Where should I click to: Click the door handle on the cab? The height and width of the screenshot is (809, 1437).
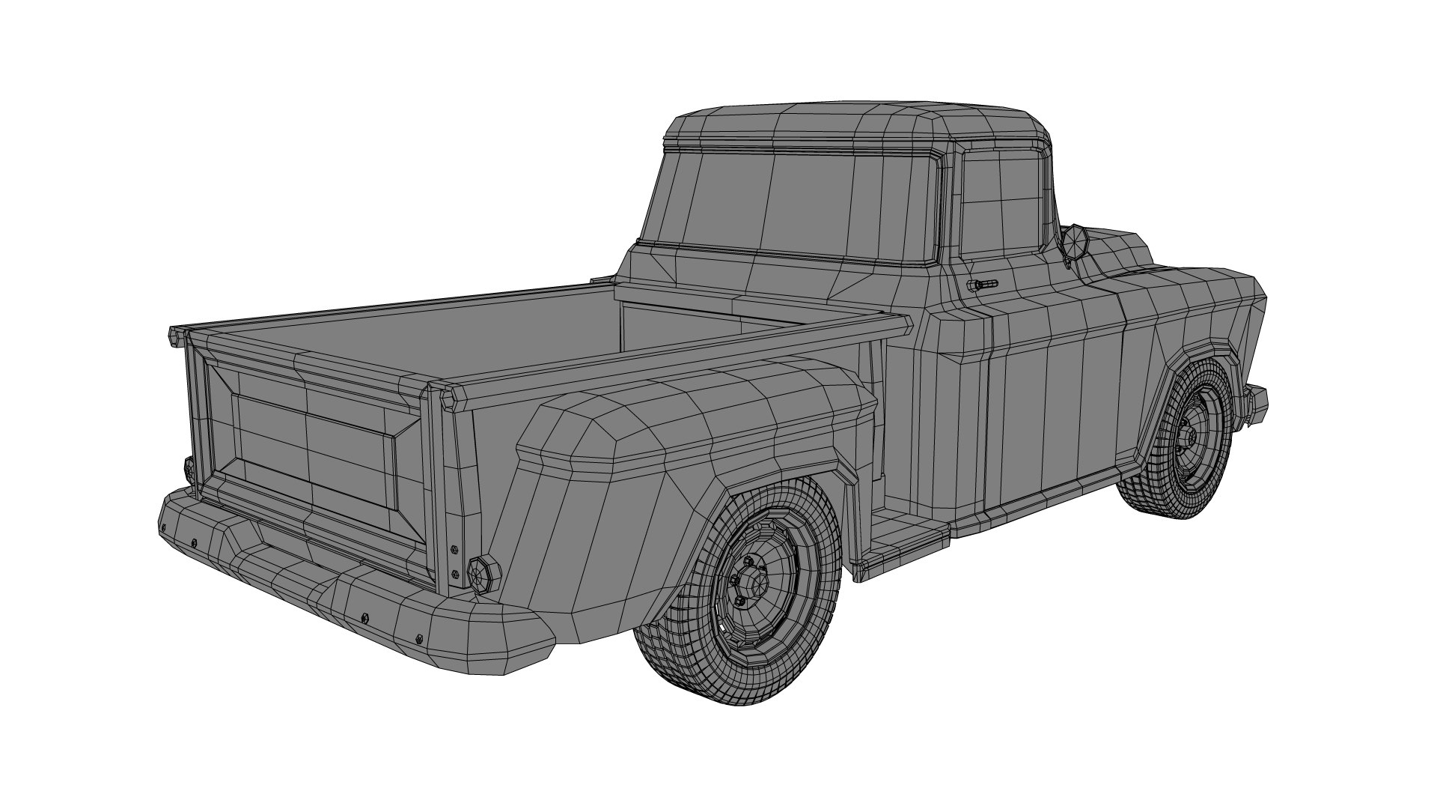pos(983,285)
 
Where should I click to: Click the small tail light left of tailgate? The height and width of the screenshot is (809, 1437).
pos(189,469)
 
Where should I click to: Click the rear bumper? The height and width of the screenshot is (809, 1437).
pos(337,584)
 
